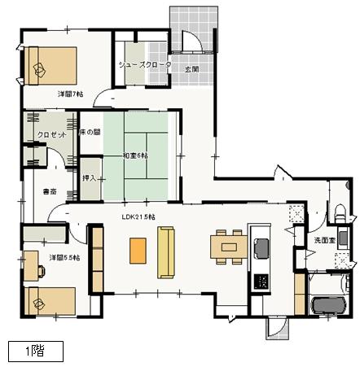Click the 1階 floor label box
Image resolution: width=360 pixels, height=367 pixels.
pos(34,351)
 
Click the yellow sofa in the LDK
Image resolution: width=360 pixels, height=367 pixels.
pos(167,253)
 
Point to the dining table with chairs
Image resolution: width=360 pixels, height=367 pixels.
pos(226,246)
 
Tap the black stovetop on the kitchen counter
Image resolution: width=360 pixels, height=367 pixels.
pos(262,282)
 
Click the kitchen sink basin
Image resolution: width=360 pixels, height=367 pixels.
pos(262,247)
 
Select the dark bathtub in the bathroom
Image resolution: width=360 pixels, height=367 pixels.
pos(329,305)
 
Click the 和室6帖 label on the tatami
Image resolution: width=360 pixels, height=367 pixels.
pos(136,155)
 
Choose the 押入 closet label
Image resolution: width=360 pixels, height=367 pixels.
pos(90,177)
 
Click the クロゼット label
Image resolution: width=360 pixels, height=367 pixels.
pos(51,135)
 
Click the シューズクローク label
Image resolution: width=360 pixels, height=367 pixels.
pos(144,63)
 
